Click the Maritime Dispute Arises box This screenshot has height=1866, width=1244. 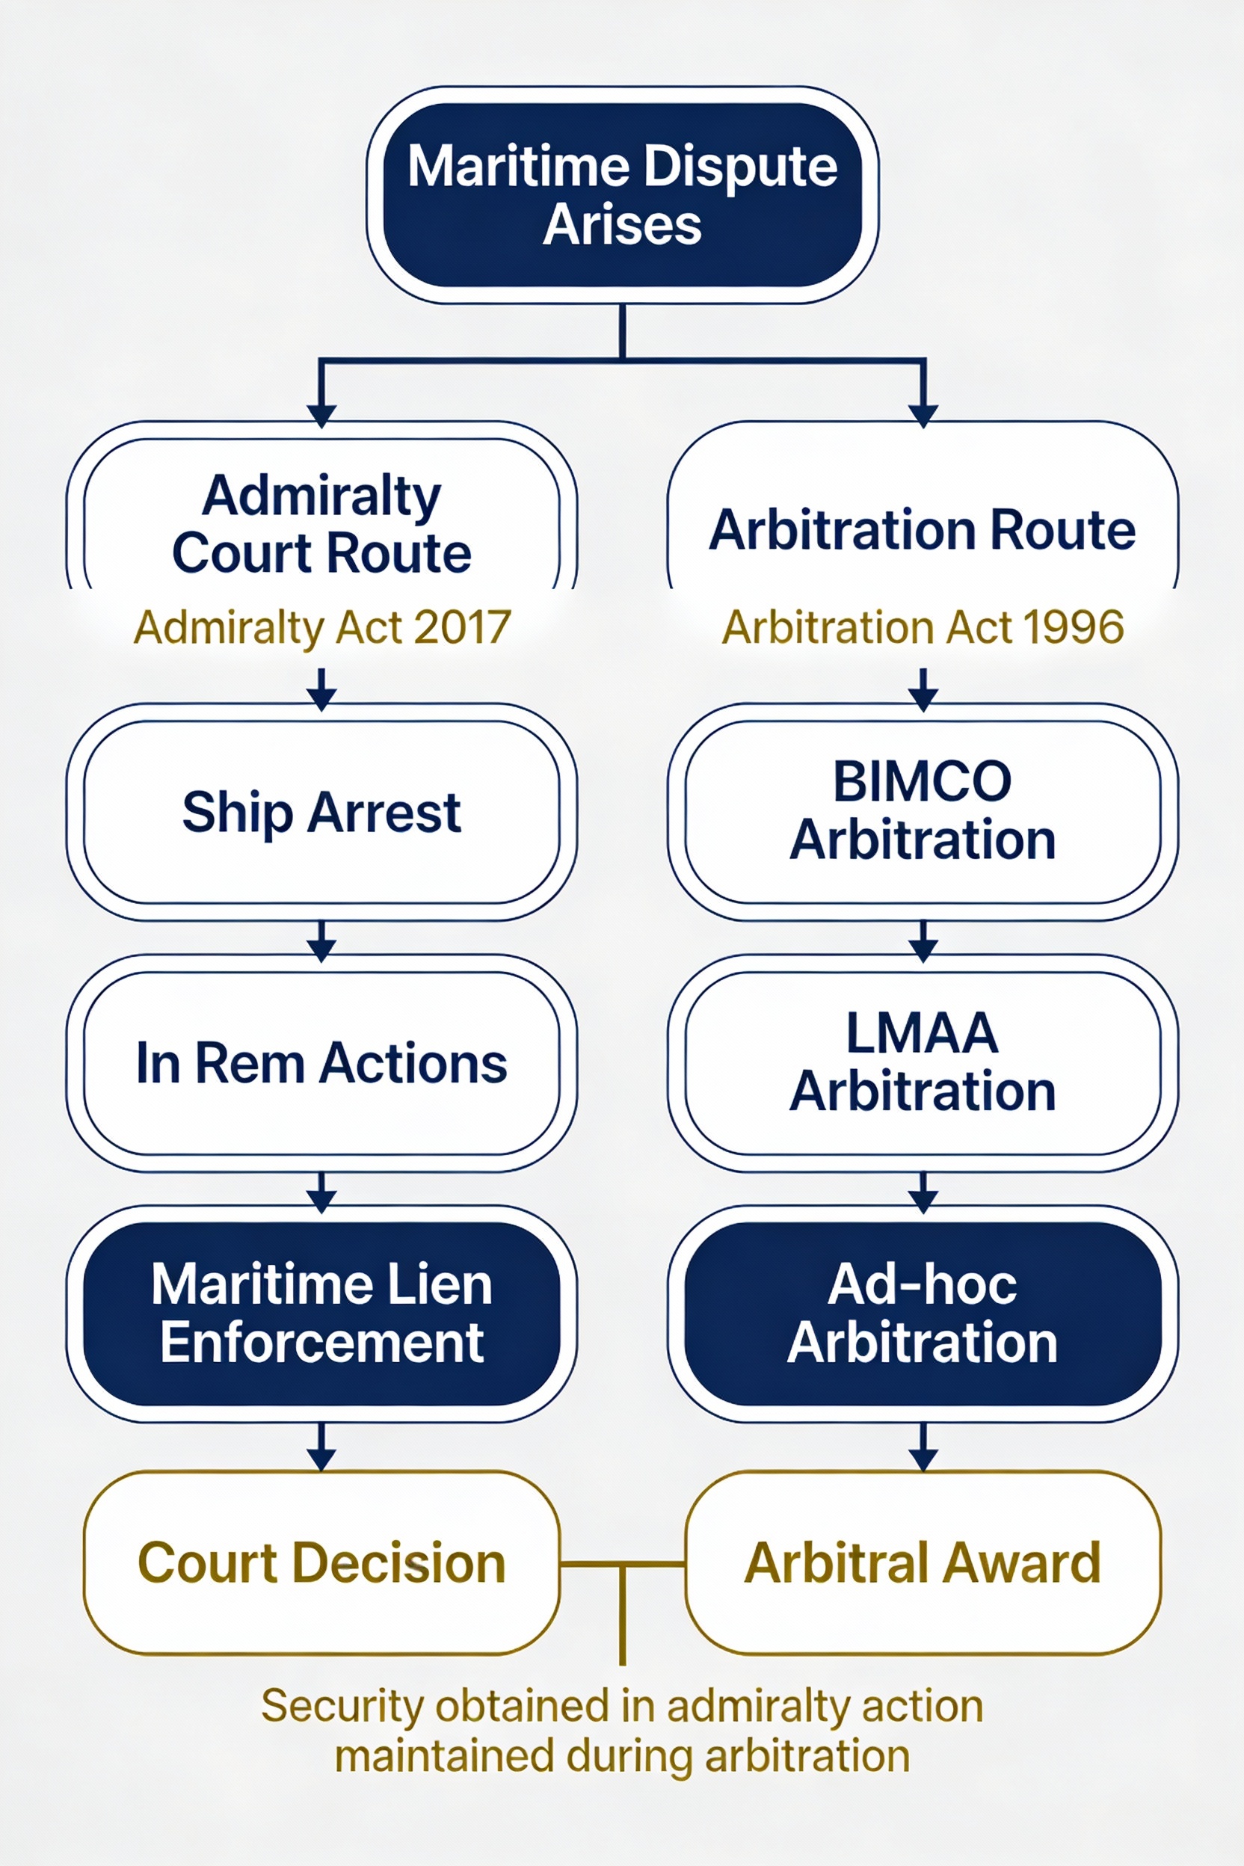(622, 194)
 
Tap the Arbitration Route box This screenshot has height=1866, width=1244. (922, 529)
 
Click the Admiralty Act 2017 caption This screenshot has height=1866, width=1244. (321, 627)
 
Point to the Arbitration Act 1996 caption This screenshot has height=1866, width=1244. (922, 627)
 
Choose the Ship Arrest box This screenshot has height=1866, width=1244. (321, 812)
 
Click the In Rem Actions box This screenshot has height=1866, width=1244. (321, 1062)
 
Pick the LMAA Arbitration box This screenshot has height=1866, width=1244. (922, 1062)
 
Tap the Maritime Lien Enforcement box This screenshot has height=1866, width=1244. (321, 1313)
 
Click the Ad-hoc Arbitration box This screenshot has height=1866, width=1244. (922, 1313)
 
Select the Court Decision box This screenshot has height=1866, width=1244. (321, 1563)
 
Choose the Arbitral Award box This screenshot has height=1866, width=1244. (922, 1563)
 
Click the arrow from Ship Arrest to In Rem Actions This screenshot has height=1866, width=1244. (321, 940)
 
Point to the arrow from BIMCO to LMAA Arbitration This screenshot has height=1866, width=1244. (923, 940)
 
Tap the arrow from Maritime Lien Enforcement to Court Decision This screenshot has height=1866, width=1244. (321, 1446)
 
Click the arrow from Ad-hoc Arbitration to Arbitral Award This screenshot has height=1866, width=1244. (923, 1446)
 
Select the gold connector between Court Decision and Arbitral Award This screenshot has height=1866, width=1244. (622, 1565)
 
